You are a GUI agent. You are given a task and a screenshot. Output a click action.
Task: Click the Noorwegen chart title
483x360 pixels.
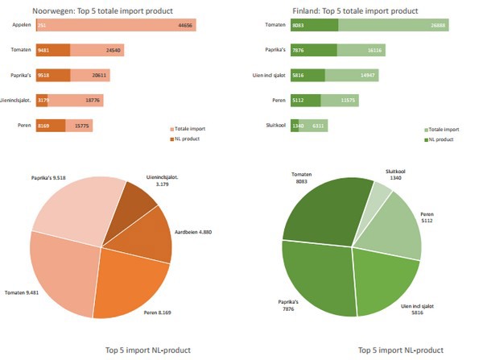(102, 10)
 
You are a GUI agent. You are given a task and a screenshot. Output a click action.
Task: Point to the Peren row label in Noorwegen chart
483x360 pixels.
(23, 126)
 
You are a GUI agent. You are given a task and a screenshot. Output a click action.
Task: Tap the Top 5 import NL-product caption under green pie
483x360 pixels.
(401, 350)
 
